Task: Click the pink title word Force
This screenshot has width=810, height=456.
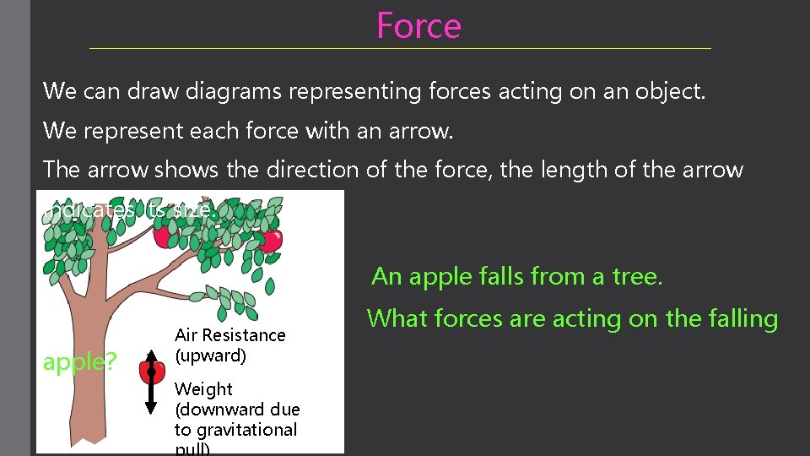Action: point(418,25)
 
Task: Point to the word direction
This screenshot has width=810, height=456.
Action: point(313,170)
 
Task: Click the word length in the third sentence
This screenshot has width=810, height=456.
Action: point(570,170)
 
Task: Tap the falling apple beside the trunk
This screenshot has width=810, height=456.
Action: point(151,371)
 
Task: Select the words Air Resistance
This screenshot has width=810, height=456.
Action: point(229,335)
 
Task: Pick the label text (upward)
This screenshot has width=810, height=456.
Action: point(210,356)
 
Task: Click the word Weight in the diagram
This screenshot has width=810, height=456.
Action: point(202,389)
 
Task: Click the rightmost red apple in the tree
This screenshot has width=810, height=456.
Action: point(271,241)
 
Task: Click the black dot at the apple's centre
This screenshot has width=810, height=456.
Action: point(151,371)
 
